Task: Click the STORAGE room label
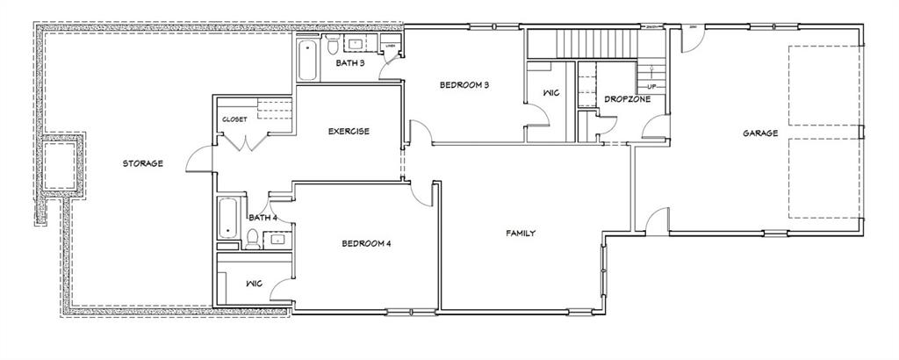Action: click(142, 162)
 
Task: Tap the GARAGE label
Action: click(760, 133)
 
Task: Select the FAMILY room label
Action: click(521, 233)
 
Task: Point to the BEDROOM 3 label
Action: click(464, 85)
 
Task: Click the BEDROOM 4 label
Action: click(365, 243)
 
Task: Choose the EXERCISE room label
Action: click(349, 132)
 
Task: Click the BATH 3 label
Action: click(351, 62)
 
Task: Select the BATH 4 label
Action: click(263, 218)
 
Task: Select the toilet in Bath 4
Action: click(252, 237)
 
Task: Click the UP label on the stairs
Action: click(651, 87)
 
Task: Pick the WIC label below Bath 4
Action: click(254, 284)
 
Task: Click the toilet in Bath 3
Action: click(333, 43)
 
